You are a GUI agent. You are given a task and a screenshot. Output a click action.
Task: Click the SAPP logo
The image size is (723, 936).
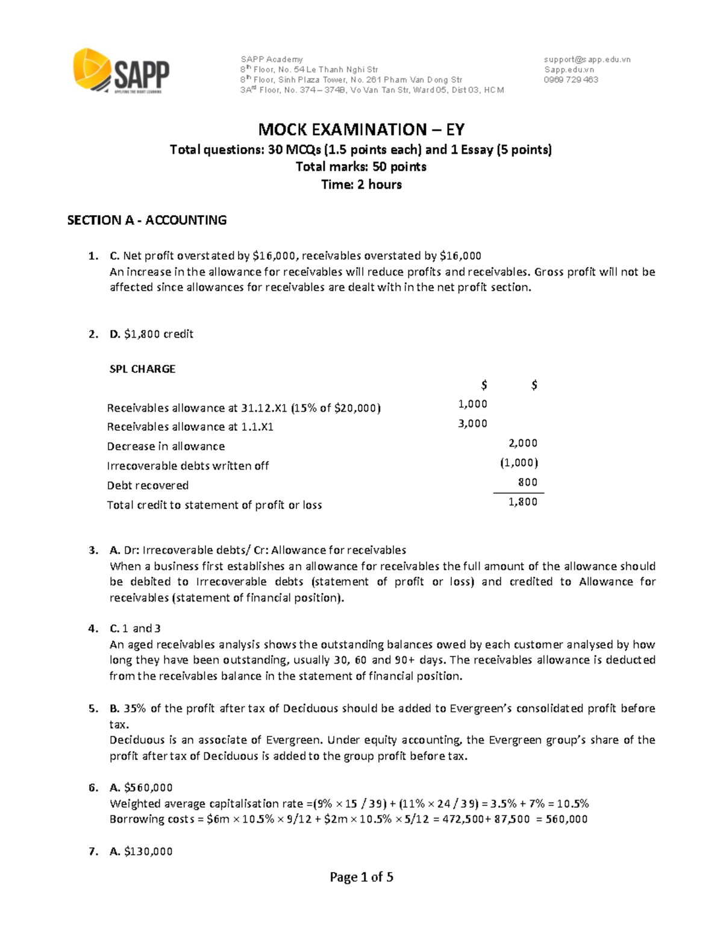pyautogui.click(x=121, y=72)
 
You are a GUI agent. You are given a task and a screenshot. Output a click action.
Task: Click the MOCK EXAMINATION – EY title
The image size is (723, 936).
pyautogui.click(x=361, y=130)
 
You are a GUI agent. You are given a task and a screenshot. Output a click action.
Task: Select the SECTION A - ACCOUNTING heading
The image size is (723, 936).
pyautogui.click(x=146, y=220)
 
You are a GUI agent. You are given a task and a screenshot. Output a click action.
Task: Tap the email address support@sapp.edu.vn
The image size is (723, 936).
pyautogui.click(x=587, y=59)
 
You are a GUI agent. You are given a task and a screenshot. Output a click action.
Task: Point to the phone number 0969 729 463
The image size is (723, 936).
pyautogui.click(x=571, y=80)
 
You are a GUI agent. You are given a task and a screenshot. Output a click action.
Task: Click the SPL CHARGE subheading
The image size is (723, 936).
pyautogui.click(x=142, y=369)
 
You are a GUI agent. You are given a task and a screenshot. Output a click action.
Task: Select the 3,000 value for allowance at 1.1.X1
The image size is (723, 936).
pyautogui.click(x=472, y=424)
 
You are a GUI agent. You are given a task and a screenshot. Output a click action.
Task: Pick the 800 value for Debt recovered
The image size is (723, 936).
pyautogui.click(x=528, y=482)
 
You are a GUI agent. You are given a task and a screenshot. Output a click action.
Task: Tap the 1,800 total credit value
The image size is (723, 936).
pyautogui.click(x=522, y=501)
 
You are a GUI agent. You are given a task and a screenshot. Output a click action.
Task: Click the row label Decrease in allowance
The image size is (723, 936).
pyautogui.click(x=166, y=447)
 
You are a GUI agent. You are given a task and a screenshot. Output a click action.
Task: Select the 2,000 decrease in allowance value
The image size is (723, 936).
pyautogui.click(x=522, y=443)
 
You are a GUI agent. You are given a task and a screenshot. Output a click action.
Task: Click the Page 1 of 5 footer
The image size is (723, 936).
pyautogui.click(x=361, y=878)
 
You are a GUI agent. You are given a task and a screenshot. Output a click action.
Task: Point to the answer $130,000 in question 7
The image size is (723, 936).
pyautogui.click(x=148, y=852)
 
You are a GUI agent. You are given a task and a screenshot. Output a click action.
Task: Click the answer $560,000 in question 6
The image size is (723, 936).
pyautogui.click(x=148, y=788)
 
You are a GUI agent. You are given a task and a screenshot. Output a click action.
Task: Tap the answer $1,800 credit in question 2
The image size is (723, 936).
pyautogui.click(x=158, y=334)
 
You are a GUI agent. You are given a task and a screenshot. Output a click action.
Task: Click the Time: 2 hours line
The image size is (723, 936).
pyautogui.click(x=361, y=184)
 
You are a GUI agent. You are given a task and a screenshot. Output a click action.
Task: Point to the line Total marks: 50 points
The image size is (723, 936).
pyautogui.click(x=361, y=167)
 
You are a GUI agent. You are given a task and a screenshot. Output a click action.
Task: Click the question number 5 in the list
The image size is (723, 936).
pyautogui.click(x=92, y=709)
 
